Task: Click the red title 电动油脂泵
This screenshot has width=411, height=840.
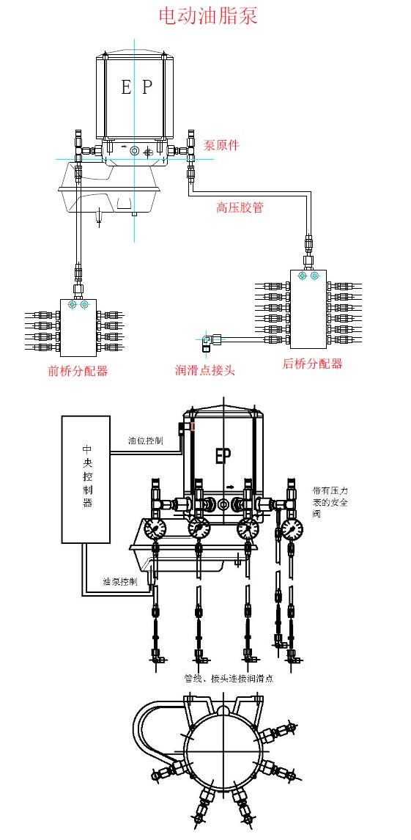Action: pos(208,16)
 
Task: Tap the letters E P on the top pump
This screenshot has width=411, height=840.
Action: pos(136,87)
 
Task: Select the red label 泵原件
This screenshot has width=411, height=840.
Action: pos(221,145)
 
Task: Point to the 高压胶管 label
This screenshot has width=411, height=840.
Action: pos(240,207)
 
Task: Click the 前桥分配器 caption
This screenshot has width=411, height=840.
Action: pos(78,371)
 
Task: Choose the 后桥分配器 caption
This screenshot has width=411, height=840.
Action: pos(313,364)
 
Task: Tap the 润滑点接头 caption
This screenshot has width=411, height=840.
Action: pos(205,369)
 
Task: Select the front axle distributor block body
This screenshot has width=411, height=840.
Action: pos(78,328)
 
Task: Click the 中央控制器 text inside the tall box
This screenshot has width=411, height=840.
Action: pos(86,475)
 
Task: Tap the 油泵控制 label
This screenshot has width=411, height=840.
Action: pos(120,581)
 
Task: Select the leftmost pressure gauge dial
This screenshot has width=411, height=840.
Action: pos(155,528)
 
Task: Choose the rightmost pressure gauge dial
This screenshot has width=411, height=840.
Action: pos(292,528)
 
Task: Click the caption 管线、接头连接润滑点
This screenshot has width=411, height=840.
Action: pos(229,678)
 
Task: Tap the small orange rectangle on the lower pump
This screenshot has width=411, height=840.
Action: pos(192,427)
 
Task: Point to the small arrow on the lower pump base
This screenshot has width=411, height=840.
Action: pos(229,487)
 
